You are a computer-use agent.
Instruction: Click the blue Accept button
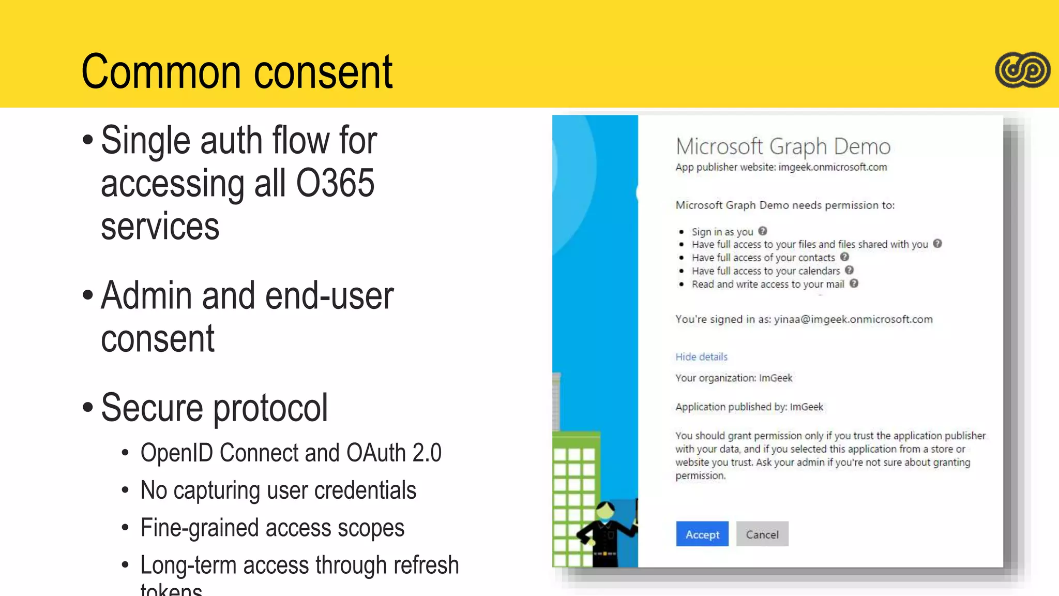702,534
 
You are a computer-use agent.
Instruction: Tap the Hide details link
701,356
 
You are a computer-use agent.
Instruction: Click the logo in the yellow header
1022,70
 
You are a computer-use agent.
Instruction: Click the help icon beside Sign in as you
763,231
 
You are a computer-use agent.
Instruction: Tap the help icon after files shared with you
937,244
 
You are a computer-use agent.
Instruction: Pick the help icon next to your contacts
844,257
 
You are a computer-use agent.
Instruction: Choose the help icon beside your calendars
849,270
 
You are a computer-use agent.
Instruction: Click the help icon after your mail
854,284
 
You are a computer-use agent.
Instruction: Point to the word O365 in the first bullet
335,183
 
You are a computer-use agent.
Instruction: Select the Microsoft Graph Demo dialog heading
783,146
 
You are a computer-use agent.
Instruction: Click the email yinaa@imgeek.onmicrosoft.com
853,319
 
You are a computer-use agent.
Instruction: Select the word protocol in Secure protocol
270,408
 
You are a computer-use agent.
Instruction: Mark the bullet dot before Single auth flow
88,140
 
